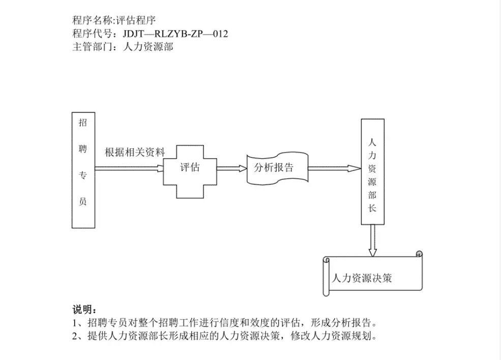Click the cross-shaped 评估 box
[x=190, y=171]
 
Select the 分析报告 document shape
[x=277, y=168]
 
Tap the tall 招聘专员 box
[x=83, y=170]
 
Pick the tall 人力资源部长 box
[x=372, y=172]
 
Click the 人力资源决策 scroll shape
[x=373, y=275]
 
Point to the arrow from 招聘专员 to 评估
[x=129, y=168]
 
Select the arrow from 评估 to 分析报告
[x=232, y=168]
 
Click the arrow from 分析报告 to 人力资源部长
[x=335, y=168]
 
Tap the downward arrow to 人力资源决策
[x=372, y=241]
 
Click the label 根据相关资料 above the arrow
[x=135, y=152]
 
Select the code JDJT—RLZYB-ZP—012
[x=175, y=34]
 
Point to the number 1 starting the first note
[x=74, y=323]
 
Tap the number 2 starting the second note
[x=74, y=336]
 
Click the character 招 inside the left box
[x=83, y=123]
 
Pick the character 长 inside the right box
[x=372, y=208]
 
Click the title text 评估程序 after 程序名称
[x=136, y=20]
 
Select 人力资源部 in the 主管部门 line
[x=148, y=47]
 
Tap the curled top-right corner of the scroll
[x=419, y=254]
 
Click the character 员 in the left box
[x=83, y=201]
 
